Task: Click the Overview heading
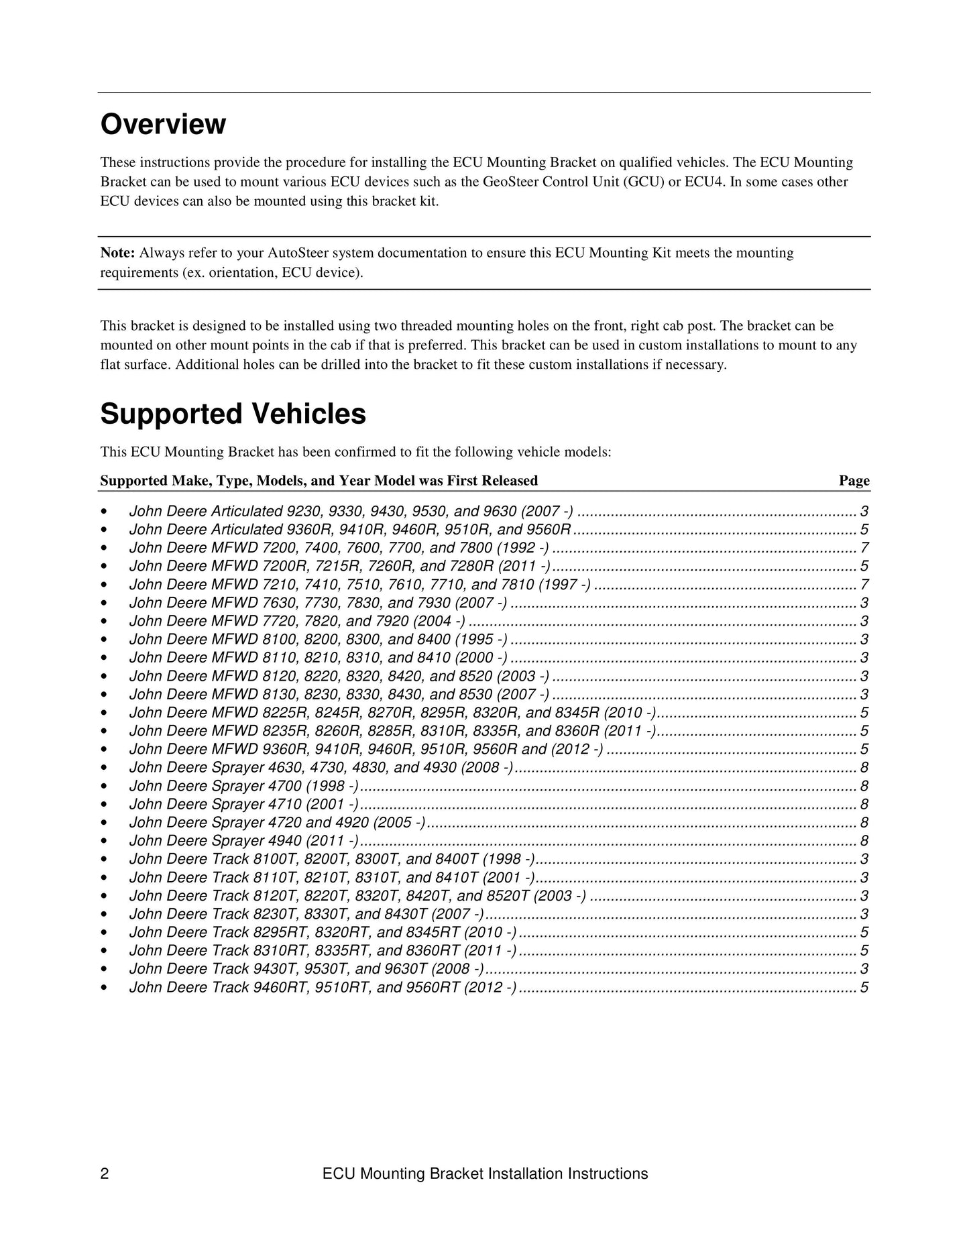click(163, 125)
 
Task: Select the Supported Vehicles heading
click(233, 414)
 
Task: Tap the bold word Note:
click(118, 253)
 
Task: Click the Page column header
click(854, 481)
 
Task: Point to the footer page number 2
click(105, 1174)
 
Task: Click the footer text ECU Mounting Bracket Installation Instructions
click(485, 1174)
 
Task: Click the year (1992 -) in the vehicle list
click(522, 548)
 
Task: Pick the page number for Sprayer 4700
click(864, 786)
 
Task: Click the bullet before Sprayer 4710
click(104, 804)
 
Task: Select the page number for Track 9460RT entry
click(864, 987)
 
